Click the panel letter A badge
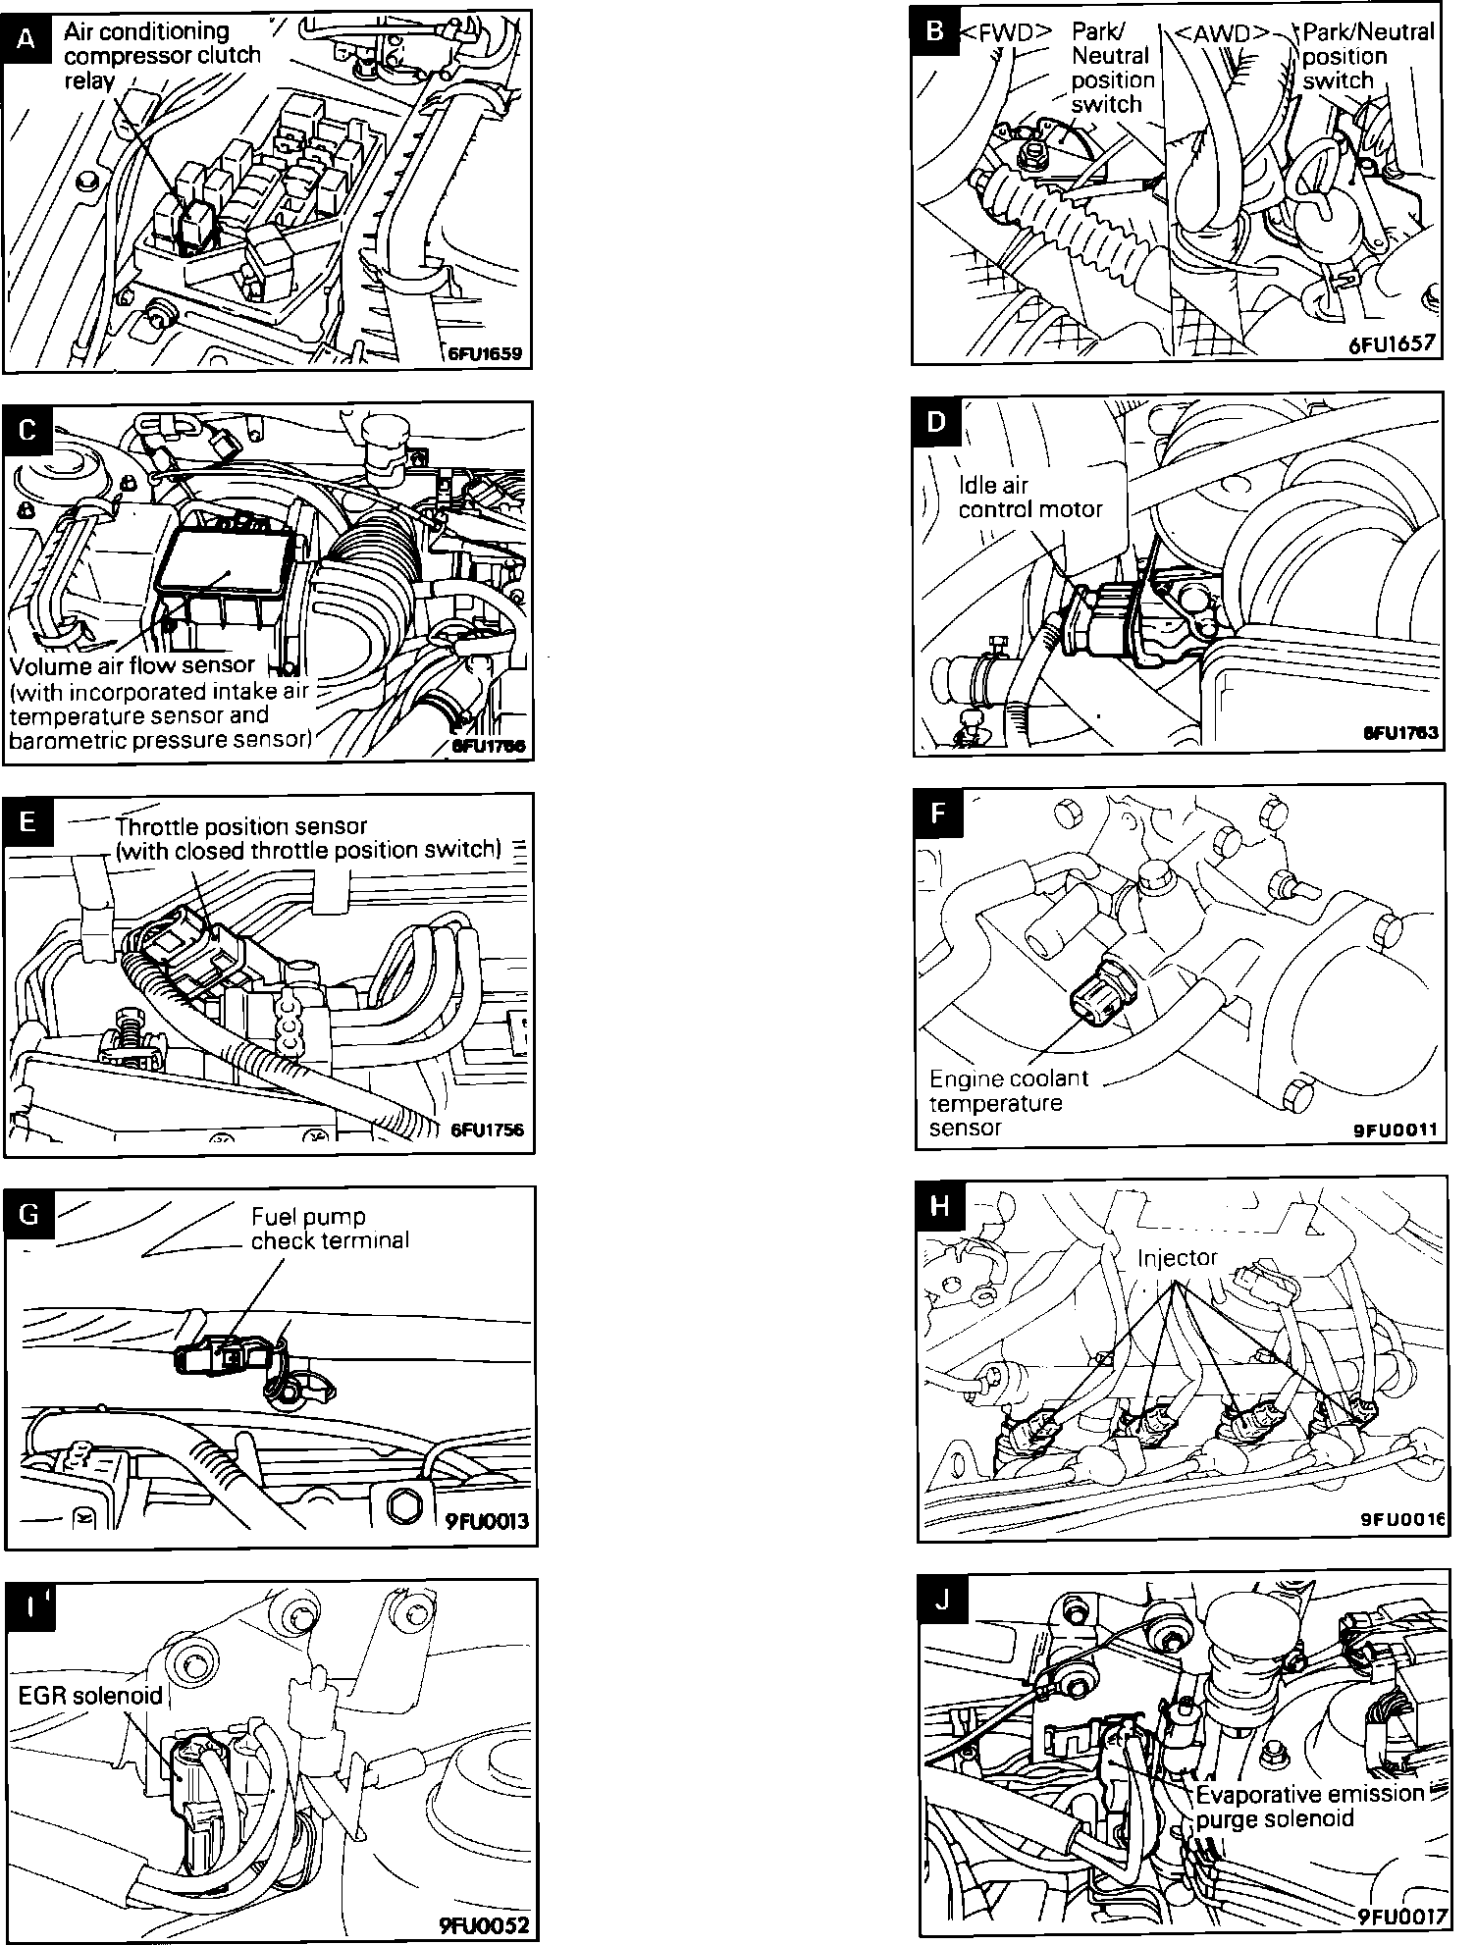tap(26, 38)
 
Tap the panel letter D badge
tap(936, 421)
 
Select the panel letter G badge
tap(28, 1215)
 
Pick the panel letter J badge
tap(942, 1600)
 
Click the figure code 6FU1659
tap(485, 354)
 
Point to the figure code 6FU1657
tap(1393, 343)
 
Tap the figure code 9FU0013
tap(487, 1522)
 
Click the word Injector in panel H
tap(1177, 1258)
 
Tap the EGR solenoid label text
tap(90, 1696)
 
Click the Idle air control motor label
tap(1029, 498)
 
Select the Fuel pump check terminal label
tap(330, 1229)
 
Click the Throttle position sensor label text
tap(308, 838)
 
